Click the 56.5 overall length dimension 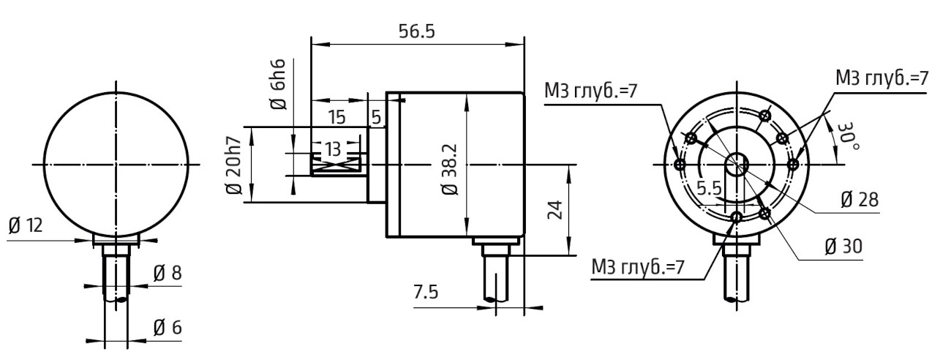417,31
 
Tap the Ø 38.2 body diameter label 450,169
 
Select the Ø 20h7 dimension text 234,166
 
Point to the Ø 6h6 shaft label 278,85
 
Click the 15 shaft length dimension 337,118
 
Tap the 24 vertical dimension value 555,210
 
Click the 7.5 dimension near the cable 426,292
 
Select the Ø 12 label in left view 26,225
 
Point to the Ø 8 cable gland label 168,274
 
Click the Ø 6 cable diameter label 168,328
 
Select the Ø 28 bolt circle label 860,200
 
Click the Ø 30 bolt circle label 843,247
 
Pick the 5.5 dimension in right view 709,188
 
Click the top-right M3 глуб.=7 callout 882,78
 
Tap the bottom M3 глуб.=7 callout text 638,268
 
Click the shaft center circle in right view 736,165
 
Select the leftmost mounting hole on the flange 680,165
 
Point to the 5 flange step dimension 376,118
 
